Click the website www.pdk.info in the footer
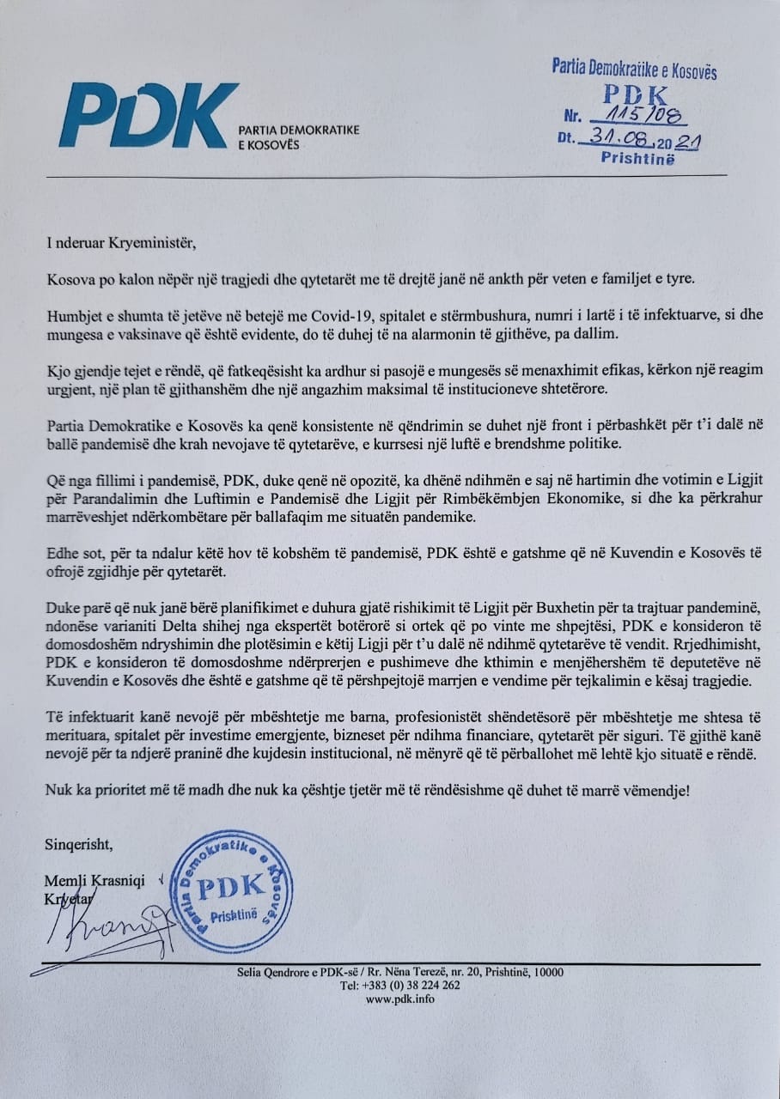tap(399, 999)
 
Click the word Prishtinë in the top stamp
tap(638, 159)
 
